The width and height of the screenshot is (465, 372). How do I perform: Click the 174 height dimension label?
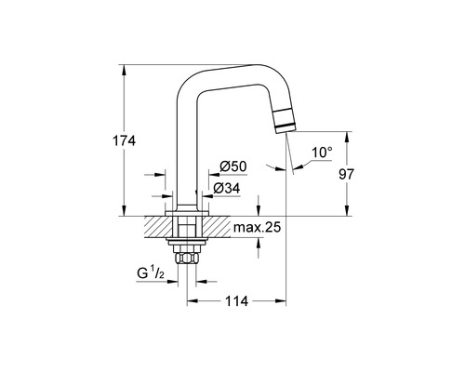tap(125, 140)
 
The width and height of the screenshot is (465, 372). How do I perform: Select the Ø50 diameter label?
tap(232, 166)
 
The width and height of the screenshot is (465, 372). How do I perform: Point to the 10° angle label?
tap(322, 153)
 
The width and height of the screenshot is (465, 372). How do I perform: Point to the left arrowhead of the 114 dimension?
tap(191, 300)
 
